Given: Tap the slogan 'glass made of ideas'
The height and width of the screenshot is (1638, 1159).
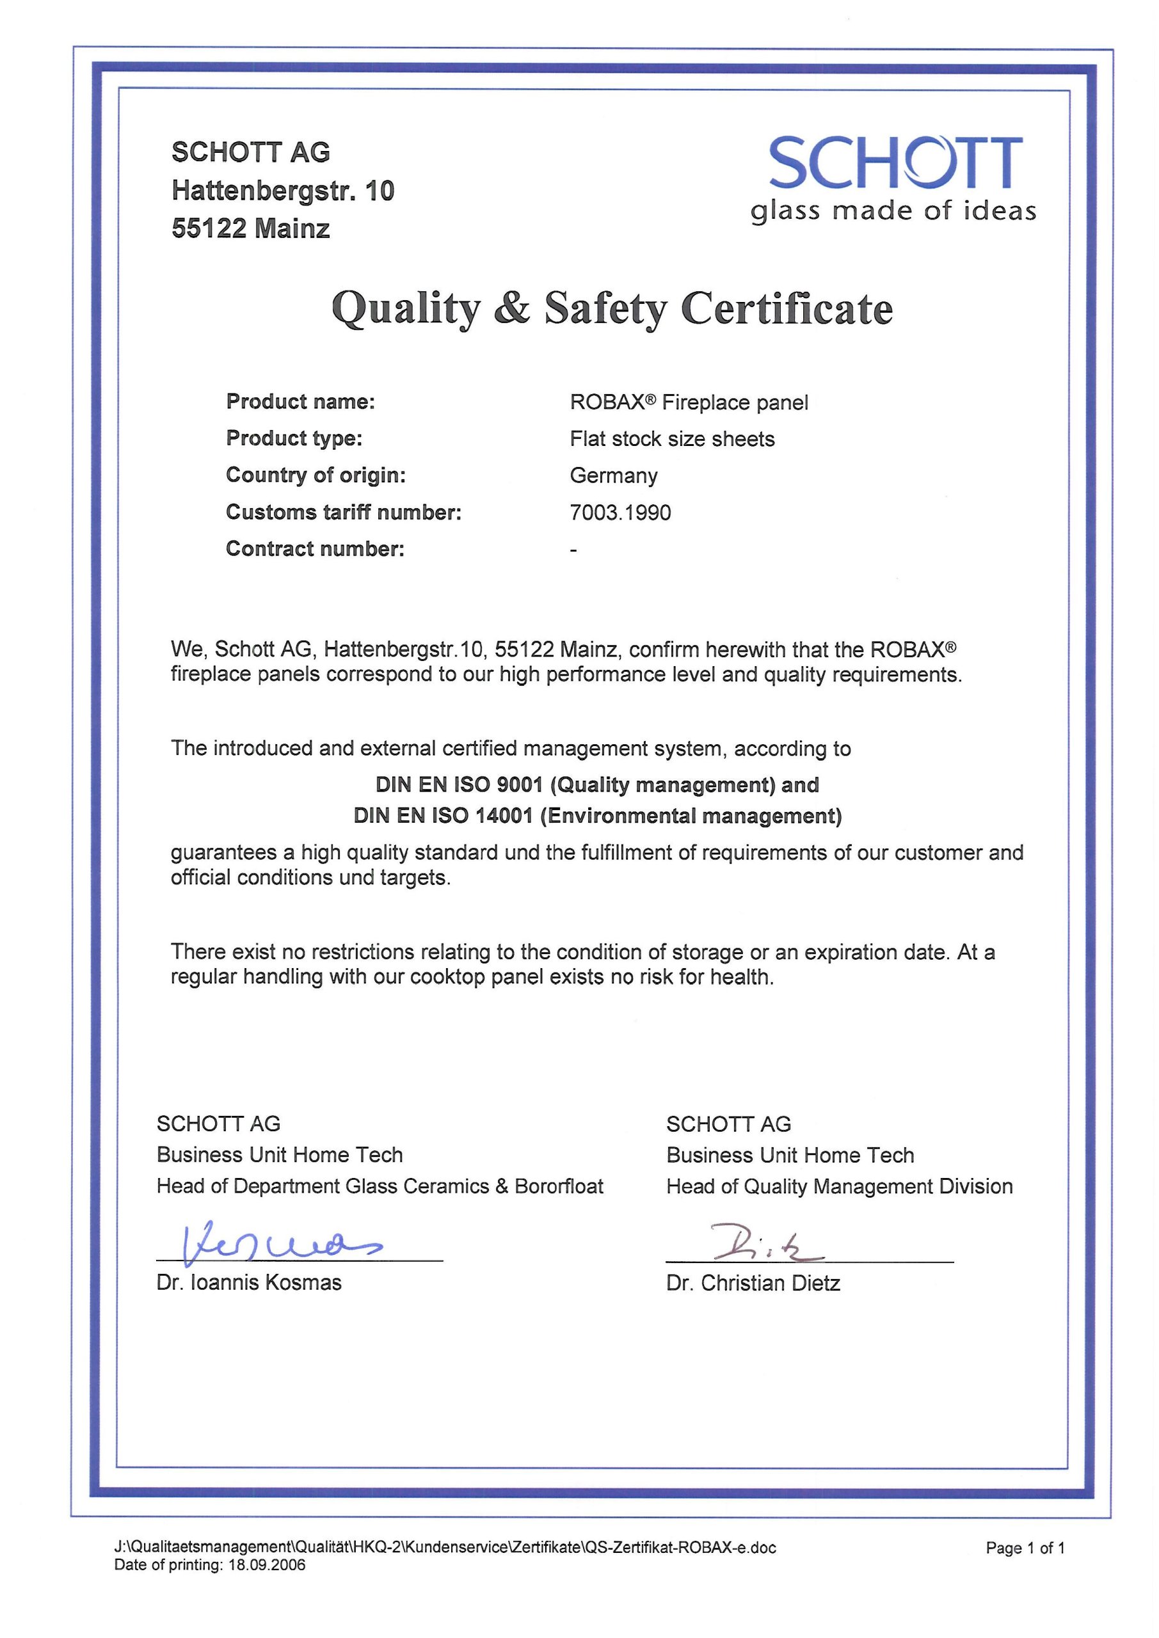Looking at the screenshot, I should (893, 211).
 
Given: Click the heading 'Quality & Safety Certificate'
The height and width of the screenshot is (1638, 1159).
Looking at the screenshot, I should (612, 308).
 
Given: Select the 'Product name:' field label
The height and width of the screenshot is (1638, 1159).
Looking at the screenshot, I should (300, 402).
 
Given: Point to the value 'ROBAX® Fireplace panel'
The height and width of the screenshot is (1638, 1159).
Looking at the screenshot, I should (689, 402).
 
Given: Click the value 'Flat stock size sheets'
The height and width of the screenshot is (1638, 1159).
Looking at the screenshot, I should (671, 439).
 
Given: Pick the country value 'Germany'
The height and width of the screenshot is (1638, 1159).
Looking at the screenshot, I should (613, 476).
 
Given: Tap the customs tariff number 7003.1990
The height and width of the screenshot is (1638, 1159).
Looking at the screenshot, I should (619, 513).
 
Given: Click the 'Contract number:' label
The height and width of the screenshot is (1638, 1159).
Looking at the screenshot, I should (315, 548).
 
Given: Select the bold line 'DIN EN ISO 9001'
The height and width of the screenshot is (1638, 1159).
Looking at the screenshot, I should (596, 784).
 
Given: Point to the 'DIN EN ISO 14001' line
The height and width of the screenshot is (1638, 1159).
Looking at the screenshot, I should (596, 815).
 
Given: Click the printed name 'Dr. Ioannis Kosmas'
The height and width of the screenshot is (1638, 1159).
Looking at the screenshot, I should (248, 1282).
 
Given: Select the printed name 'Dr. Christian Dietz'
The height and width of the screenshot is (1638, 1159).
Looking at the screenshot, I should (753, 1283).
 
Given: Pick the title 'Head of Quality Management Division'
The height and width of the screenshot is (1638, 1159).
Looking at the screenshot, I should (839, 1186).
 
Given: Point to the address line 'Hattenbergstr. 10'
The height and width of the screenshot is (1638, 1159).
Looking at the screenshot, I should (283, 191).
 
